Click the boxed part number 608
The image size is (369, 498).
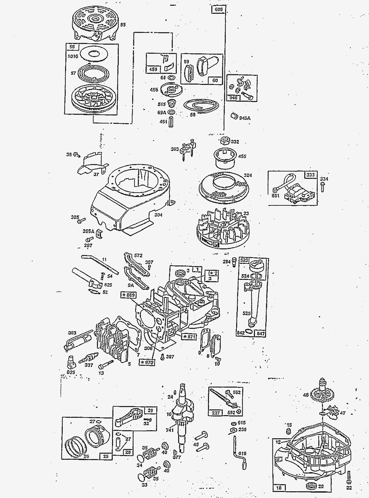click(x=218, y=10)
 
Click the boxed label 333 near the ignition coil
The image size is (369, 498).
click(x=311, y=175)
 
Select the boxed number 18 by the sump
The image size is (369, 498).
click(x=279, y=488)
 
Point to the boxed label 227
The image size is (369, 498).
click(x=216, y=412)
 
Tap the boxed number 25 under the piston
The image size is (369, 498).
click(x=106, y=456)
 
